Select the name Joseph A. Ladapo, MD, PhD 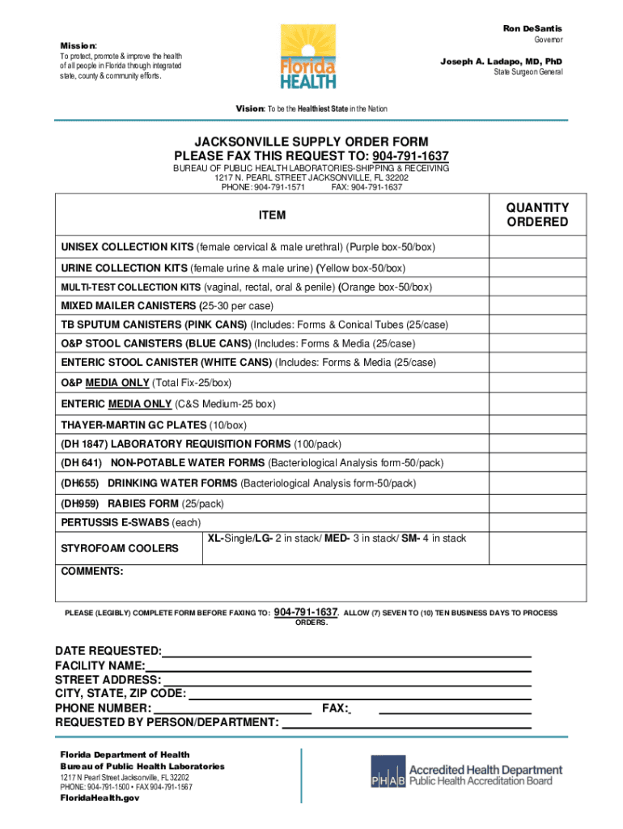(501, 61)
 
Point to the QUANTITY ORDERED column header (537, 215)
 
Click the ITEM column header (272, 215)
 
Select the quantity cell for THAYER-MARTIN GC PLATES (537, 425)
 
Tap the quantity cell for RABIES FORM (537, 504)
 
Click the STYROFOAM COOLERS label (120, 548)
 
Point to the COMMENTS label (92, 572)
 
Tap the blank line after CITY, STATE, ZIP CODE (359, 694)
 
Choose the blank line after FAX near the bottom (455, 708)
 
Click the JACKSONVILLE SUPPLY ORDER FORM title (311, 142)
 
